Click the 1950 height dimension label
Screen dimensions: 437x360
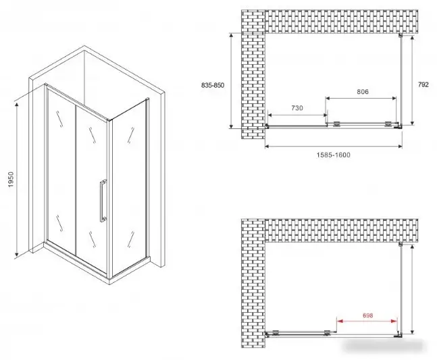(11, 179)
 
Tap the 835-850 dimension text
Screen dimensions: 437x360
(213, 85)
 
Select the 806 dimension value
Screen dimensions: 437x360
(363, 92)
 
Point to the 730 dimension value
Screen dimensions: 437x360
(297, 108)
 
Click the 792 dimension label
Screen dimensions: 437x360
(423, 84)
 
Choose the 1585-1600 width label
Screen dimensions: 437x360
(334, 155)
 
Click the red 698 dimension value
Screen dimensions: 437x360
(368, 315)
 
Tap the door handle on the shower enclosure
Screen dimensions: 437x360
(103, 201)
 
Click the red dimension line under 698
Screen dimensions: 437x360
(367, 321)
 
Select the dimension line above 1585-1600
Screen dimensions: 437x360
(334, 147)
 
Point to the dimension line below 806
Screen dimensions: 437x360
(361, 98)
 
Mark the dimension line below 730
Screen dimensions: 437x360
(297, 115)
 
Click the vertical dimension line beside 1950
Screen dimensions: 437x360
(17, 180)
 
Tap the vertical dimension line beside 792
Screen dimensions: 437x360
(412, 80)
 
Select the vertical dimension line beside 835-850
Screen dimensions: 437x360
(231, 80)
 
